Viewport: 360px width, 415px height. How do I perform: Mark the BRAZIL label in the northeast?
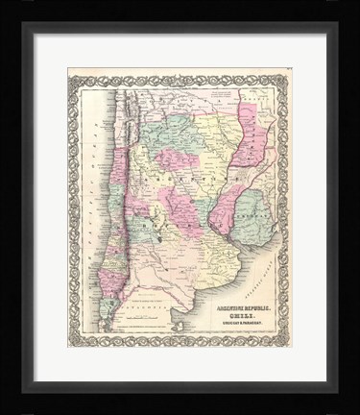pyautogui.click(x=256, y=96)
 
